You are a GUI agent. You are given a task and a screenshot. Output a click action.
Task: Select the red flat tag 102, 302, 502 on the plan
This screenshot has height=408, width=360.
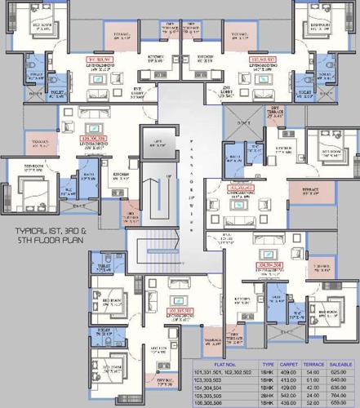(x=260, y=60)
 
